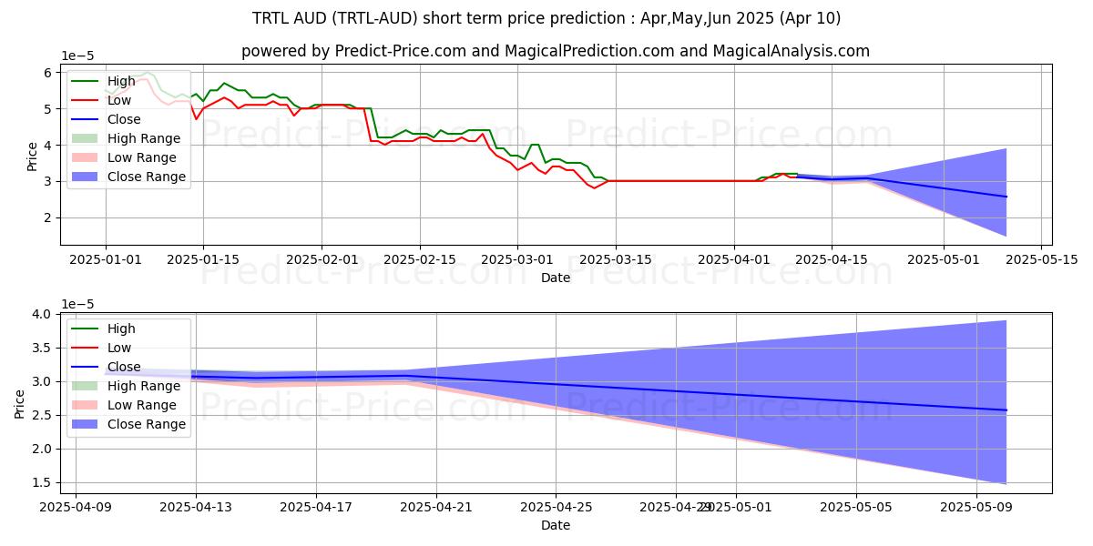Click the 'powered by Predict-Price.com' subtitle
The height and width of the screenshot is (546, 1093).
click(x=555, y=51)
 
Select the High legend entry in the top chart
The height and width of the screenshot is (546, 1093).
click(x=120, y=81)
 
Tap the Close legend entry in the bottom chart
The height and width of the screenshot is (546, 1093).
click(x=124, y=367)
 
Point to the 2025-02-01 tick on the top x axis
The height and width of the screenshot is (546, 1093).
click(x=322, y=259)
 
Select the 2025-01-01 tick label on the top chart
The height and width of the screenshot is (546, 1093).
click(x=106, y=259)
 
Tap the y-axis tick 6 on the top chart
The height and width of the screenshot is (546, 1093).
click(x=48, y=73)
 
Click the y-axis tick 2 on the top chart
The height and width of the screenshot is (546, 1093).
click(x=48, y=218)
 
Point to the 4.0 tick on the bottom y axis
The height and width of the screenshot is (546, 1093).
click(x=41, y=314)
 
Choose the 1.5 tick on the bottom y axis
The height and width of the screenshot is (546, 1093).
click(x=41, y=483)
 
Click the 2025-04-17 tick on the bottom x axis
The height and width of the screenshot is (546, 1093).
click(x=316, y=508)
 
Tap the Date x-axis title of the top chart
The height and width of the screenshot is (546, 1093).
click(x=555, y=278)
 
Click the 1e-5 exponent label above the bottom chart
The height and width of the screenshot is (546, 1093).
click(x=77, y=303)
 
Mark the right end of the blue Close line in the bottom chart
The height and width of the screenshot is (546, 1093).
click(x=1006, y=410)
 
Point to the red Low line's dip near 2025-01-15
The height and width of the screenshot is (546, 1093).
click(x=196, y=119)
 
